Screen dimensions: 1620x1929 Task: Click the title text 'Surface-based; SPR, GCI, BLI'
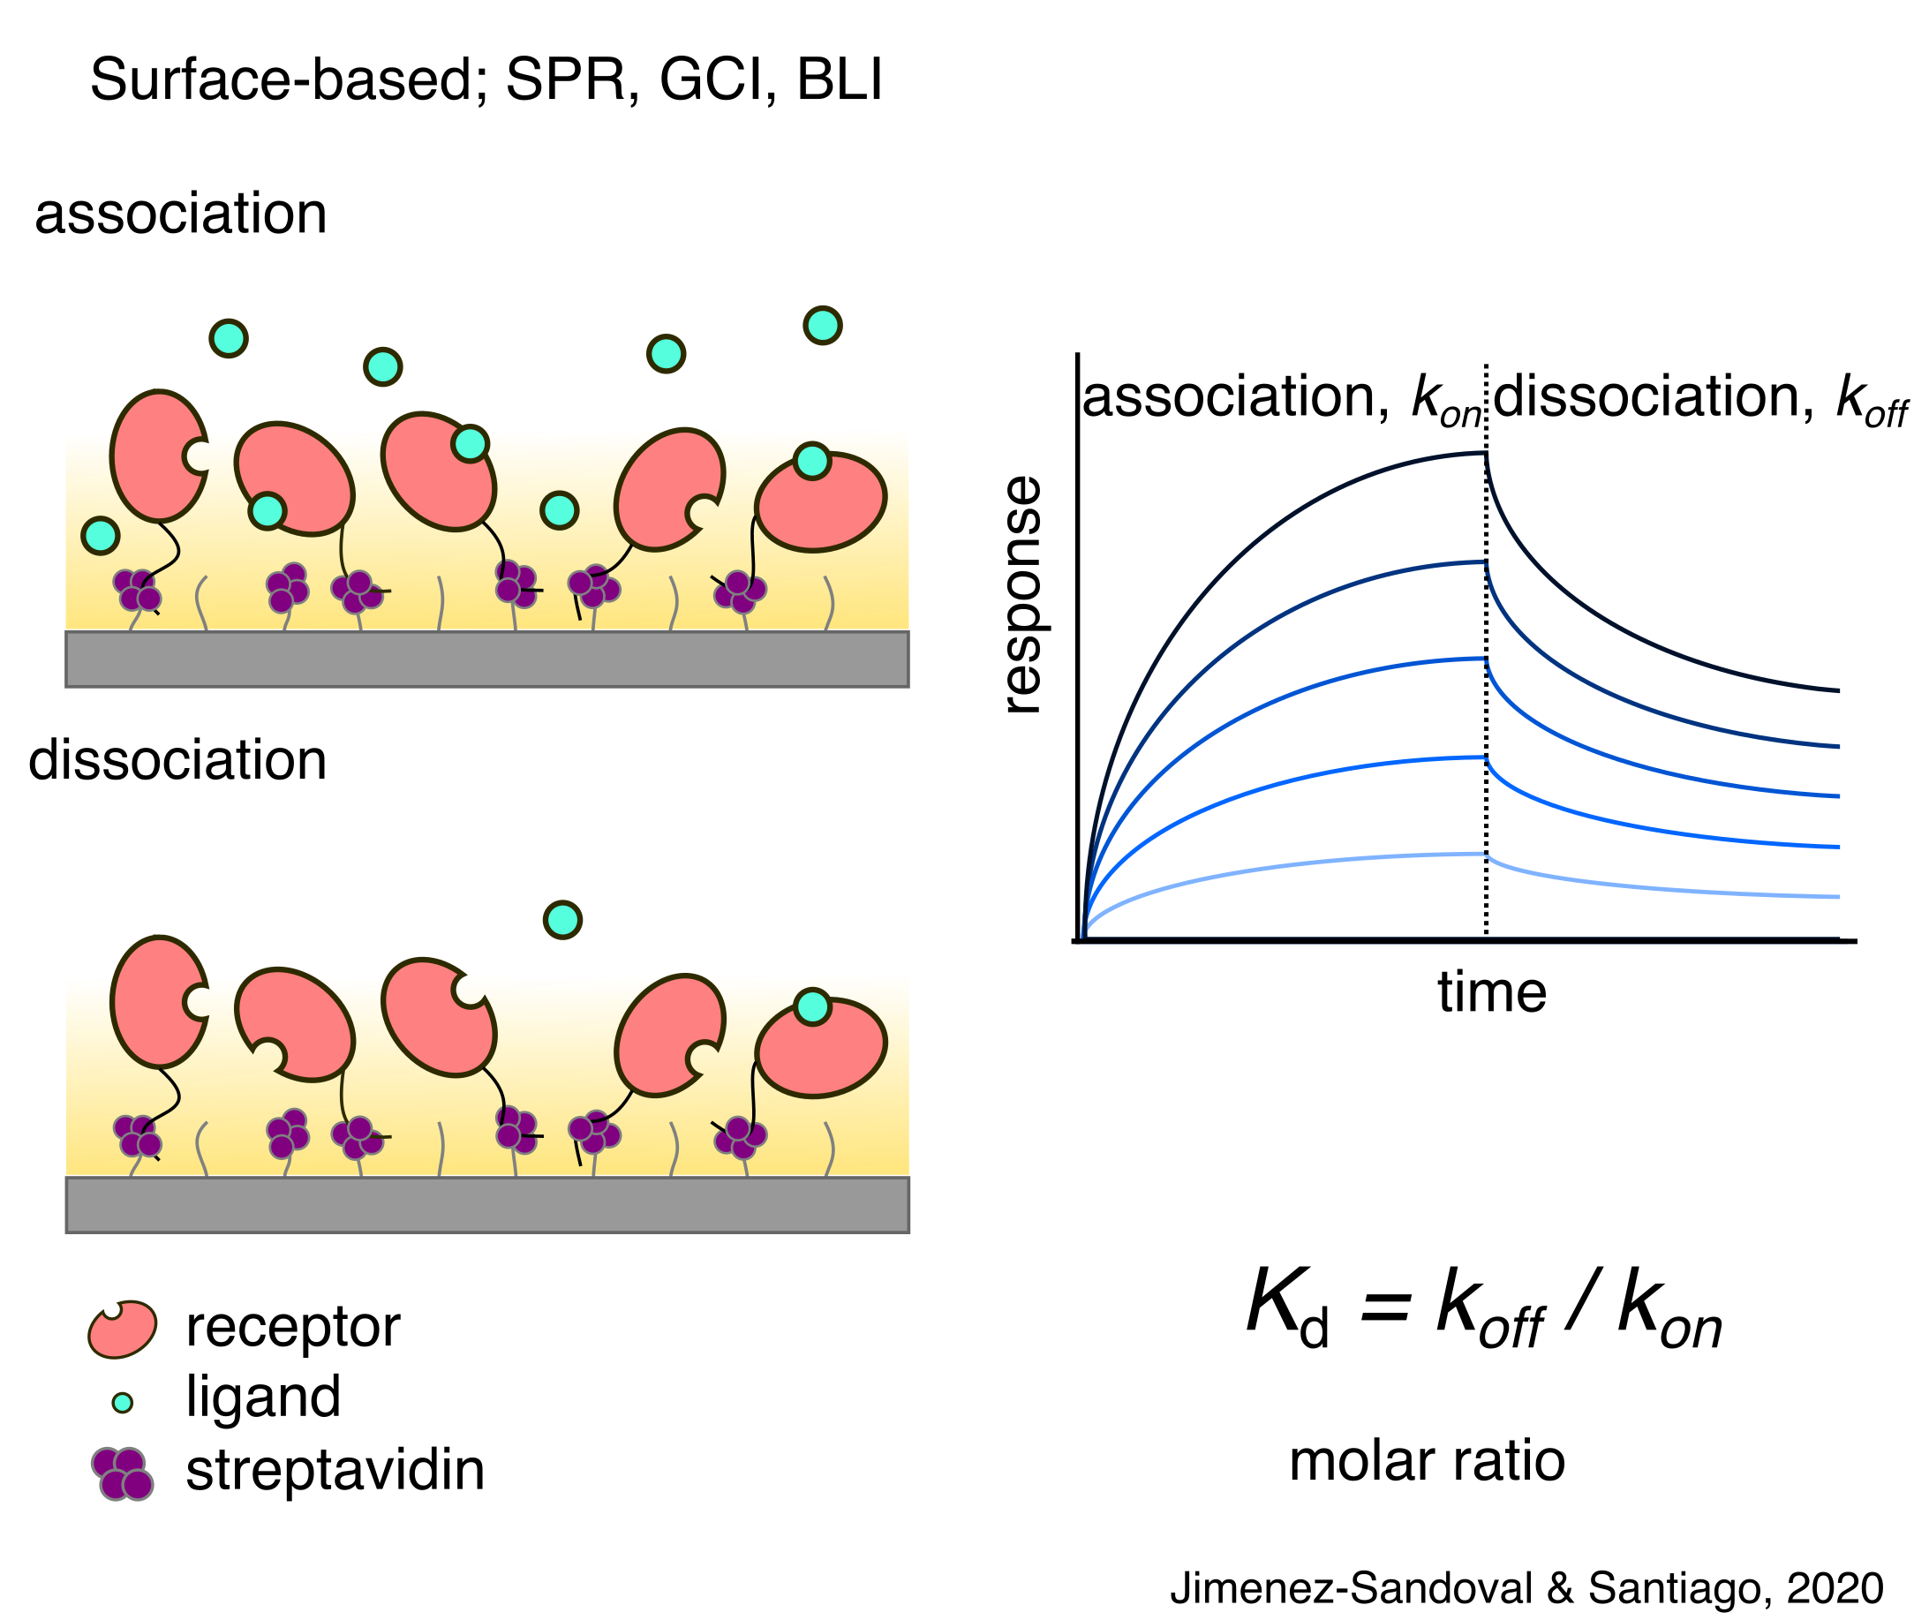click(486, 81)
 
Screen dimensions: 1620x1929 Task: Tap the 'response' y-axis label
click(1021, 595)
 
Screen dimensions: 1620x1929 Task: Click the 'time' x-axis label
click(1492, 993)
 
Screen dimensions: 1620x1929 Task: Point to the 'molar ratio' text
click(1427, 1461)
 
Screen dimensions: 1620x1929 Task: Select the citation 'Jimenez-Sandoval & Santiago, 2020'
click(1526, 1588)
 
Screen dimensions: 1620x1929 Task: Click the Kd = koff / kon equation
click(1483, 1307)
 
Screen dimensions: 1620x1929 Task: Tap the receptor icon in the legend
click(122, 1328)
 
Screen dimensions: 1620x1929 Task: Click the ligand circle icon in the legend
click(122, 1402)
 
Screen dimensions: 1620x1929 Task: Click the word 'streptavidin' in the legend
click(335, 1470)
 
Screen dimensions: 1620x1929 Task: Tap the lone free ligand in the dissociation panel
click(562, 919)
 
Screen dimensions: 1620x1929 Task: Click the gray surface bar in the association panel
click(486, 659)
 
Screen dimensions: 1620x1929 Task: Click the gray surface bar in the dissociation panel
click(486, 1204)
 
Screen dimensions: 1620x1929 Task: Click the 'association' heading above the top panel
click(181, 214)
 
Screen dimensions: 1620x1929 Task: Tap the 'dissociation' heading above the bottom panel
click(178, 760)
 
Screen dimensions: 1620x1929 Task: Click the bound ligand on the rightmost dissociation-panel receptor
click(812, 1007)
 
